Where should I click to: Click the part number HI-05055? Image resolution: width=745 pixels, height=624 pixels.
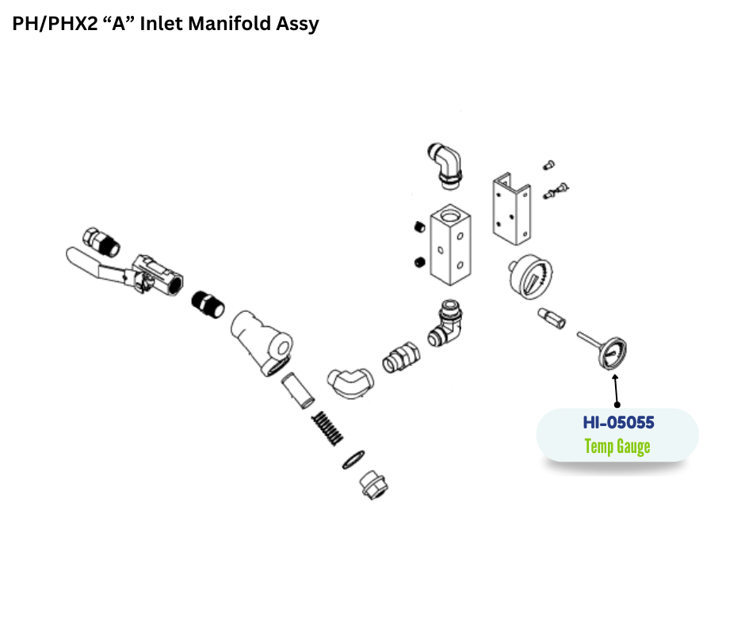617,423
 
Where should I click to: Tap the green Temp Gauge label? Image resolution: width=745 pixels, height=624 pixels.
617,447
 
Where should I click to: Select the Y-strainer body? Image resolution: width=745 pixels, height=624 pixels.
263,337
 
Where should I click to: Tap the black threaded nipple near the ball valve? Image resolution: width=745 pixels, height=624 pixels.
208,303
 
